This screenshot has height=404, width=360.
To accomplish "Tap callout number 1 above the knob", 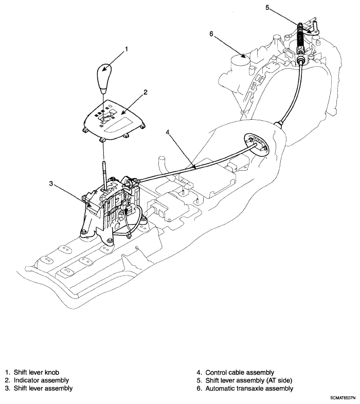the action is (127, 49).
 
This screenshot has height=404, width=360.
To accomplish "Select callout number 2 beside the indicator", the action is (146, 92).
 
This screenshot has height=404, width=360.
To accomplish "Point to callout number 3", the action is (51, 183).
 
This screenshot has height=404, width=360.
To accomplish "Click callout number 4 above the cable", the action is (168, 132).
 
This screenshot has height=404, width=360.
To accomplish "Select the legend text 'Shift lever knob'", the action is (37, 372).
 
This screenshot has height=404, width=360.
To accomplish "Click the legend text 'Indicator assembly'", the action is (41, 380).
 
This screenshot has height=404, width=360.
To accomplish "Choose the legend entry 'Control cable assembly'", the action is (240, 372).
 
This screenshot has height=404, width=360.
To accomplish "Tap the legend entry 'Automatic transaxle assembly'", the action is (249, 388).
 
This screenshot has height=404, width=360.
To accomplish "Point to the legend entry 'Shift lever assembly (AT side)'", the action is (248, 380).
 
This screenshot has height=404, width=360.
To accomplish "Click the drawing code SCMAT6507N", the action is (345, 398).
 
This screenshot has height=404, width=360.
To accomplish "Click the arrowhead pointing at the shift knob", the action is (104, 69).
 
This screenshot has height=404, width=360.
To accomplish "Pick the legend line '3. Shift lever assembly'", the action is (39, 388).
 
